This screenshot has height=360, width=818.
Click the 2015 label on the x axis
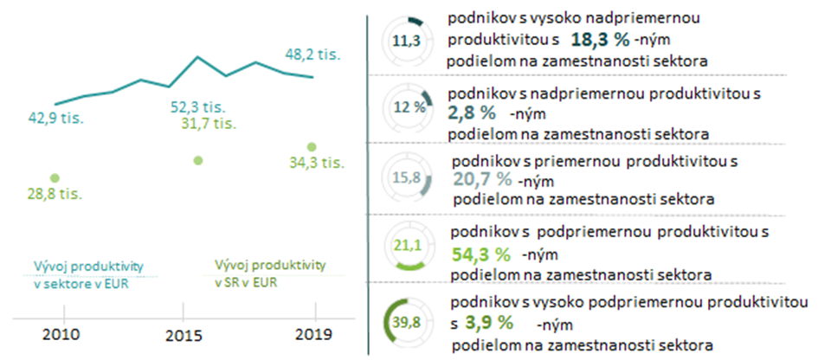click(x=184, y=335)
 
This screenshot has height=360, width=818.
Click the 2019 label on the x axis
click(x=312, y=335)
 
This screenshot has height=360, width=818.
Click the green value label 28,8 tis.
click(x=54, y=193)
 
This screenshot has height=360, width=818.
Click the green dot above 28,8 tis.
click(x=55, y=177)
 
